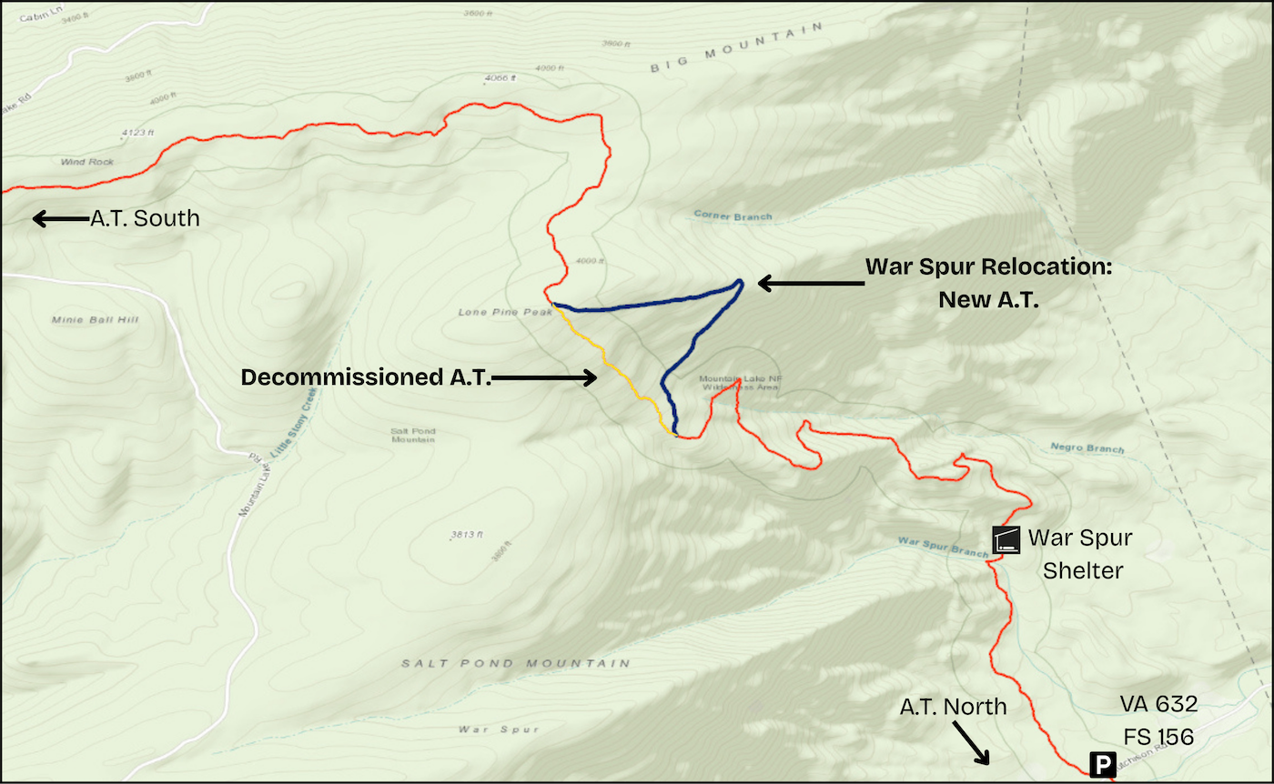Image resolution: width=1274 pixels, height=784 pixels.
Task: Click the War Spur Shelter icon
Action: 1006,539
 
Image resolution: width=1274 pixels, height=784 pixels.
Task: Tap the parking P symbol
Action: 1102,764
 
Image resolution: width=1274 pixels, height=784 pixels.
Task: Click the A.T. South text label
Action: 144,219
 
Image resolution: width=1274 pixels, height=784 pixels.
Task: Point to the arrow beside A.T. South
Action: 58,219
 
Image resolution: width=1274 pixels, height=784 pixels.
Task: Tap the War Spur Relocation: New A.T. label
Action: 988,283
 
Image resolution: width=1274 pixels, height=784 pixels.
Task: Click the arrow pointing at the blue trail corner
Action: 810,284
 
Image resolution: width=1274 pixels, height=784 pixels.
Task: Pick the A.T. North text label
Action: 953,706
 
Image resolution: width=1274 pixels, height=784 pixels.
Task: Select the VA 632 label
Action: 1158,703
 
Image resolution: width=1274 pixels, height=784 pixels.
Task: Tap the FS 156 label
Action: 1158,736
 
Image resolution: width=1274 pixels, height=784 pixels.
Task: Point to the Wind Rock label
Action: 86,162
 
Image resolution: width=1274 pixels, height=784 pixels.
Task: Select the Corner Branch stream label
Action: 733,216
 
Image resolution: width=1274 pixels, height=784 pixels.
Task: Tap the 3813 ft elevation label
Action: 465,534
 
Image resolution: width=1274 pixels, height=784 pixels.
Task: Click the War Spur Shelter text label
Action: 1079,554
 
